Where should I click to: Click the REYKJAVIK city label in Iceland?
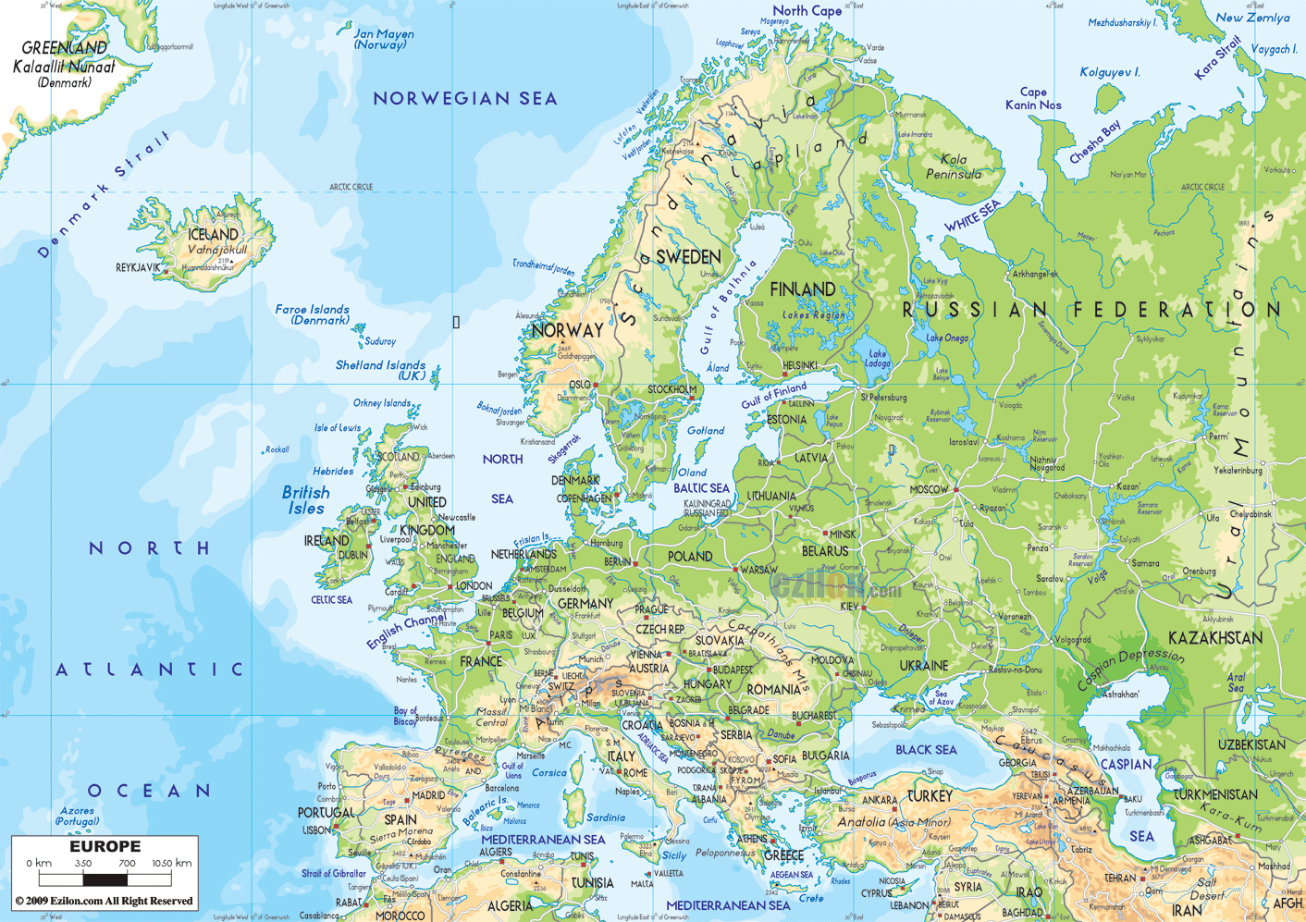pos(137,267)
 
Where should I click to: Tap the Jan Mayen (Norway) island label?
pos(384,39)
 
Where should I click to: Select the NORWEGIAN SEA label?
pos(465,98)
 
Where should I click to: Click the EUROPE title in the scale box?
pos(105,847)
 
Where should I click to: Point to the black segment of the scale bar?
pos(105,879)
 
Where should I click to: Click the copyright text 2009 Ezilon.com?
pos(104,901)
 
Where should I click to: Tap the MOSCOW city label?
pos(930,489)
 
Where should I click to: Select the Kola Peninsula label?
pos(954,166)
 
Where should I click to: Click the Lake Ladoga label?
pos(878,359)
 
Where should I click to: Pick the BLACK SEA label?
pos(926,750)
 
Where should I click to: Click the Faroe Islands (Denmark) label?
pos(313,314)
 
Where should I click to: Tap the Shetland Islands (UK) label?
pos(380,370)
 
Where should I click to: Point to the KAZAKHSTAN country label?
pos(1214,638)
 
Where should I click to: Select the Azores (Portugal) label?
pos(77,816)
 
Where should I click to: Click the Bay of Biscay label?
pos(405,716)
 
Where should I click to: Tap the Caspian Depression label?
pos(1130,669)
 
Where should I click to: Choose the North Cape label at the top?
pos(807,11)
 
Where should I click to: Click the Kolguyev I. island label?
pos(1110,72)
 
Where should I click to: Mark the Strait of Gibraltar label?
pos(334,873)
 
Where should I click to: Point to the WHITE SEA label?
pos(972,216)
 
